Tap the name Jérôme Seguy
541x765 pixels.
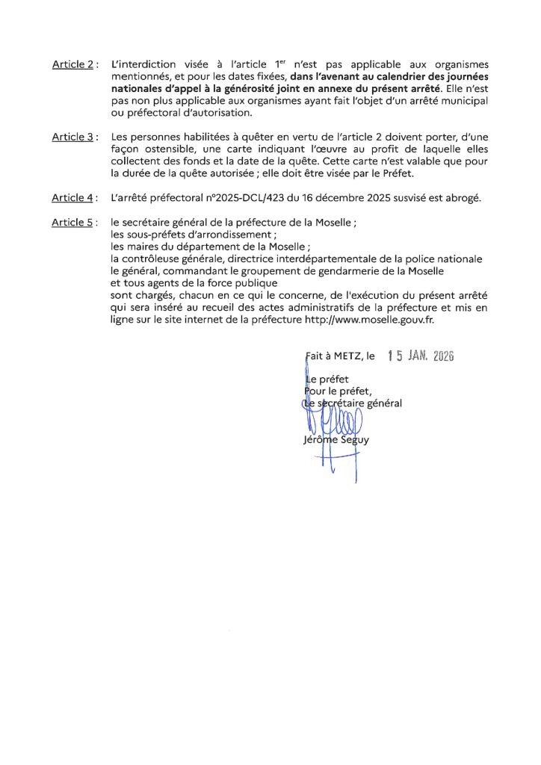click(336, 440)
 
